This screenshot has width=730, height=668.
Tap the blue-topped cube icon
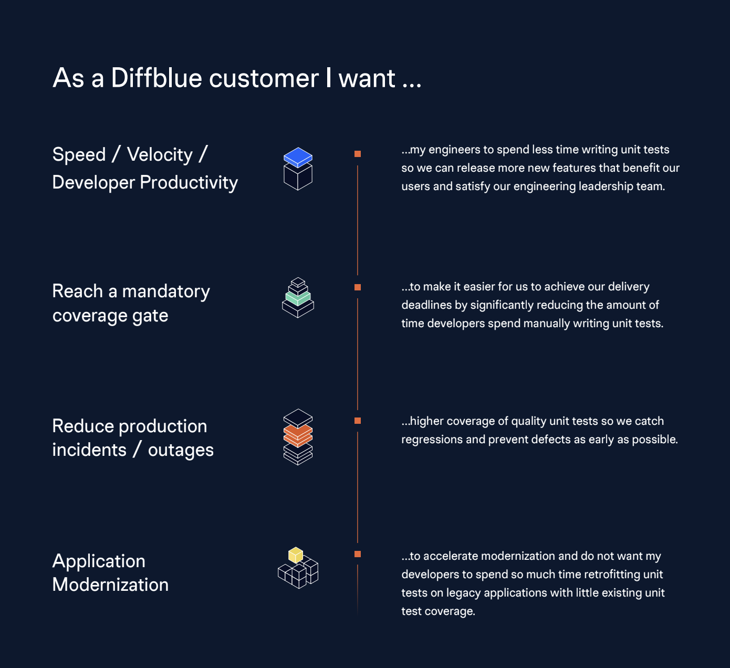(x=298, y=169)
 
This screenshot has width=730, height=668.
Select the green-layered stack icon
(x=298, y=298)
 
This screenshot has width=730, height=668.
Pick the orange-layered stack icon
(x=298, y=437)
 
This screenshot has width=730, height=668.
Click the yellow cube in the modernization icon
(x=296, y=555)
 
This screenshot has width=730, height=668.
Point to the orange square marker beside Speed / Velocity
(x=358, y=154)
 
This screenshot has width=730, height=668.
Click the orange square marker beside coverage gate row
(x=358, y=287)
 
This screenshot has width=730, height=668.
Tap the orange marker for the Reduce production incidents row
(x=358, y=421)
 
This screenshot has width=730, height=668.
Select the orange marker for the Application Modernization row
(x=358, y=554)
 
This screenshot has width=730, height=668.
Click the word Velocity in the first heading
(x=160, y=155)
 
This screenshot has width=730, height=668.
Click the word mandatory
(x=166, y=291)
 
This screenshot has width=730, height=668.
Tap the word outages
(x=181, y=451)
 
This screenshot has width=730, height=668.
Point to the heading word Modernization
(x=110, y=585)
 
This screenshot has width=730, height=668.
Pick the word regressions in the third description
(x=432, y=440)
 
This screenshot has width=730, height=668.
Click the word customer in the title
(x=264, y=78)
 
